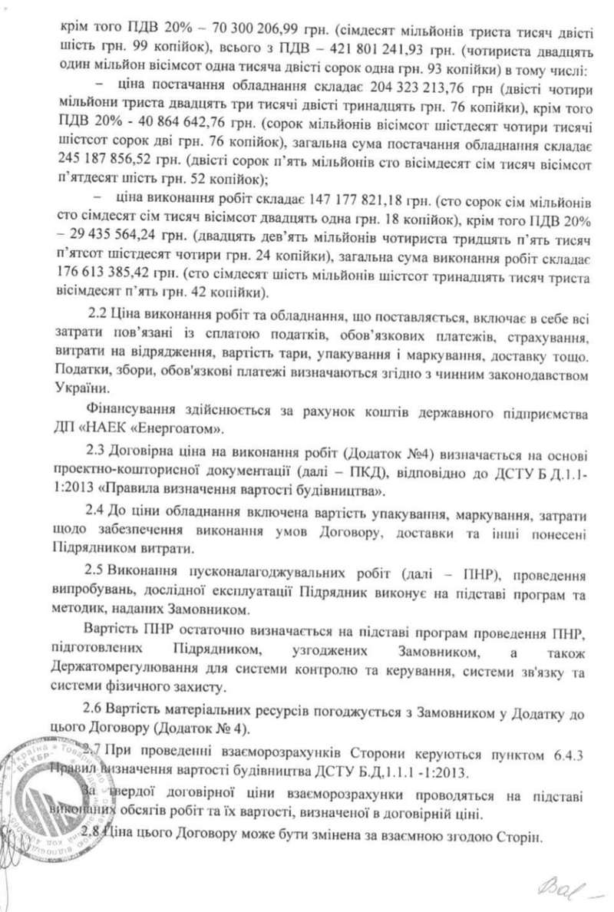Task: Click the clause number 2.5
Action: (x=100, y=555)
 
